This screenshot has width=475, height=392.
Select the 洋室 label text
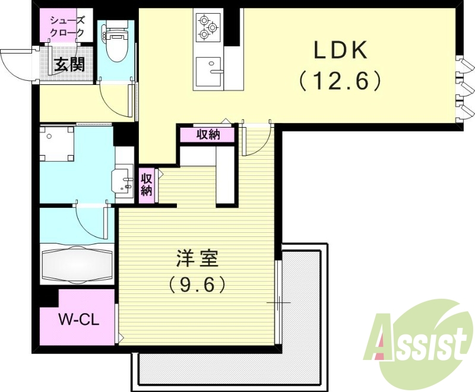point(198,260)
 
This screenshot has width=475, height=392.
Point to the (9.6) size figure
point(197,285)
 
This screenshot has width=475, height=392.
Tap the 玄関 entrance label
point(69,64)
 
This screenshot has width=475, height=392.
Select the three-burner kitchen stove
point(208,27)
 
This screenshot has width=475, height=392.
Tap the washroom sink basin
point(124,181)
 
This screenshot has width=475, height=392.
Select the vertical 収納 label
point(147,184)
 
